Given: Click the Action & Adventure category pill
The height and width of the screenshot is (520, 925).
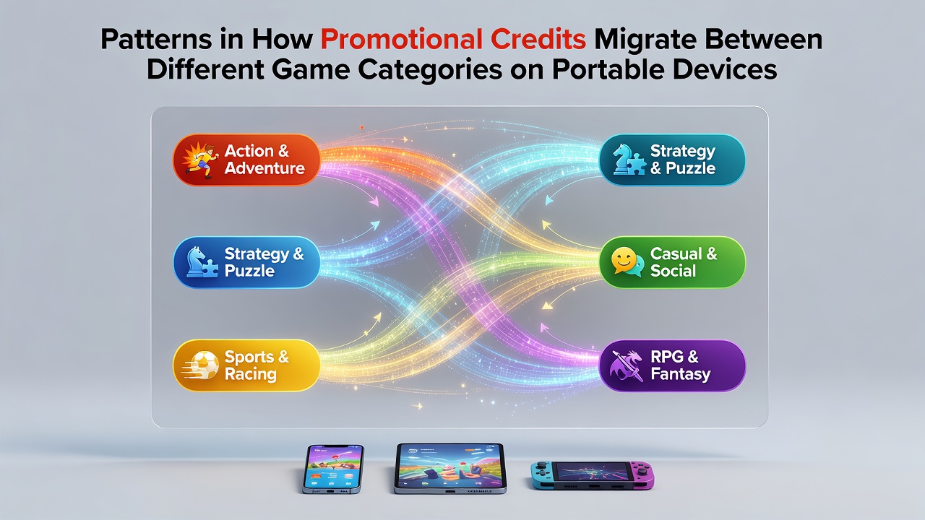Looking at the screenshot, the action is [x=246, y=160].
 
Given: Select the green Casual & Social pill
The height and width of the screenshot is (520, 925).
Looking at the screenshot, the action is [x=672, y=262].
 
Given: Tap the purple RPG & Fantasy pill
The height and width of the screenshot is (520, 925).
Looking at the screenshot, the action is [x=672, y=365].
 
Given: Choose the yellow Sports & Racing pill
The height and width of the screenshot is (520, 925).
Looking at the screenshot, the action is [x=246, y=365].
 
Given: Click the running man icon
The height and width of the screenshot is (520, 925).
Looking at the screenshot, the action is [x=201, y=160].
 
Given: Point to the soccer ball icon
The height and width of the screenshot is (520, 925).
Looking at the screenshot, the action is [x=201, y=365].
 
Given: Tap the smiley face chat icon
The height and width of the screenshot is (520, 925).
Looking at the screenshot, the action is [x=627, y=262].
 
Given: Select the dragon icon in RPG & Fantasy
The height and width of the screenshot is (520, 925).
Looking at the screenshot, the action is [x=627, y=365].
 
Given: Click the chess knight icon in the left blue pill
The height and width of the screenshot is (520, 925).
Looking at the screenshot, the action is [x=202, y=262].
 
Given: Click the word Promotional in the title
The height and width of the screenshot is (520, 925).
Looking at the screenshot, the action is [x=401, y=40].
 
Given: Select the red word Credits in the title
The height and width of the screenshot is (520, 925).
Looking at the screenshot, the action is [x=538, y=39].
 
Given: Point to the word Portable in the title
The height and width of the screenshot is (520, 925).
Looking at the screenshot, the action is [x=608, y=70].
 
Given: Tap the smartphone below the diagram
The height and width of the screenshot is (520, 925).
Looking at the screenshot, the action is [x=333, y=469].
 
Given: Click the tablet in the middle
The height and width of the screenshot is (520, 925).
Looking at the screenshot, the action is [x=450, y=469].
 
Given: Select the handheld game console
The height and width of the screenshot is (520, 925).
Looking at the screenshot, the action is [x=592, y=475].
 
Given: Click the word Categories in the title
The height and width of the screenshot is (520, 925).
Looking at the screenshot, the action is [x=430, y=70].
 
